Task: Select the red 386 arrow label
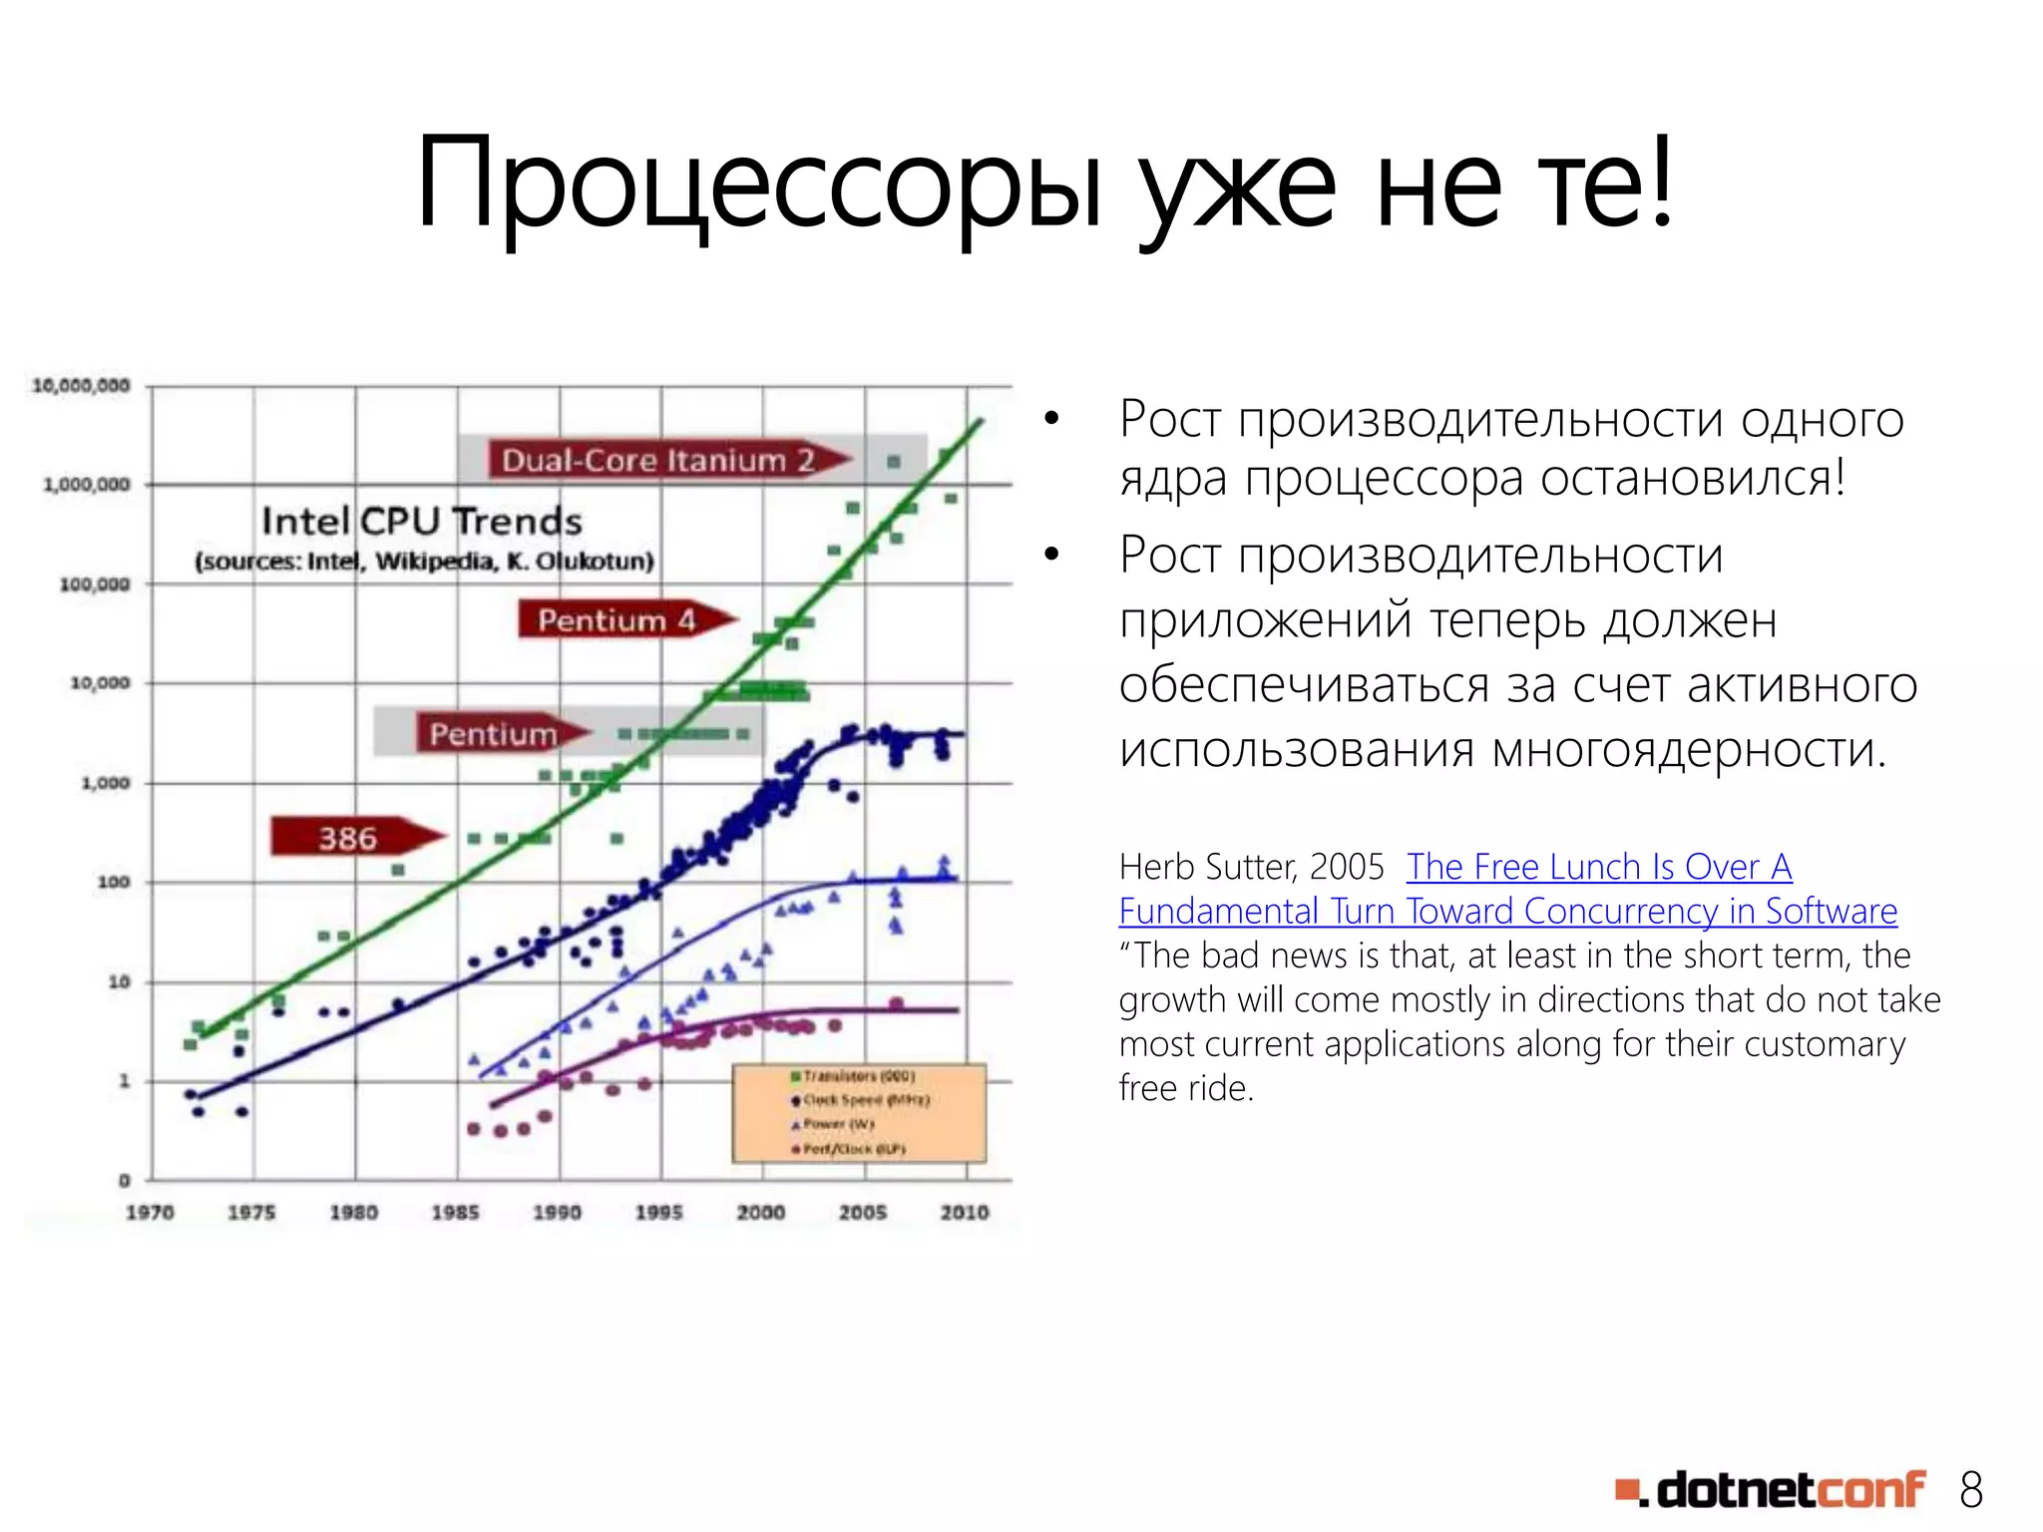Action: tap(349, 838)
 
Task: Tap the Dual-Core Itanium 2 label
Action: tap(658, 460)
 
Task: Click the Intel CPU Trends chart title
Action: tap(421, 521)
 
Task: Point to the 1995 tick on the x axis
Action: tap(659, 1212)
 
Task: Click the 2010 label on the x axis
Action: tap(965, 1212)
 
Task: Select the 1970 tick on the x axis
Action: tap(150, 1212)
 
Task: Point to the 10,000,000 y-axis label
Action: tap(82, 385)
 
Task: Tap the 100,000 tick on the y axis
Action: tap(95, 583)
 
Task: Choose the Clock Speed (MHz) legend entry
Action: tap(864, 1100)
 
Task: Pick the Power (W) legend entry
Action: tap(836, 1124)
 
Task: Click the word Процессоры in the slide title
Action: tap(758, 185)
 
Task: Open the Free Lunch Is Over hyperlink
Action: tap(1598, 867)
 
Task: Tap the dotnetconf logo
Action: tap(1770, 1490)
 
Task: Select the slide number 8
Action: tap(1970, 1490)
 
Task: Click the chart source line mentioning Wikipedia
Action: tap(424, 562)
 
